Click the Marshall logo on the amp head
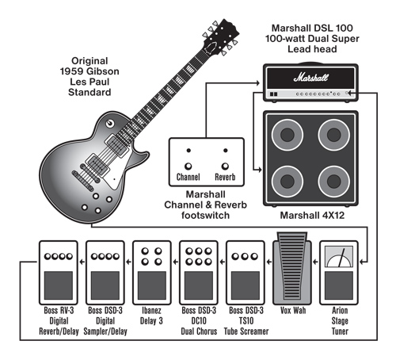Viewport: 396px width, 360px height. (x=310, y=78)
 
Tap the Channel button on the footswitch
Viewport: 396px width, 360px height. (x=188, y=167)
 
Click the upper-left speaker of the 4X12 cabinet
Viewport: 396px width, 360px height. (x=287, y=135)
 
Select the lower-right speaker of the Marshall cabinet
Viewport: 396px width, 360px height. (x=333, y=182)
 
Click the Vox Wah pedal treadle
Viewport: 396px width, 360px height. (x=292, y=267)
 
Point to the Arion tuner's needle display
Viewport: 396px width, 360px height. (x=339, y=256)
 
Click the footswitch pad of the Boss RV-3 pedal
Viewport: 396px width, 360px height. (x=59, y=285)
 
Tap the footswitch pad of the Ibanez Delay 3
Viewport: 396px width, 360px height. (x=152, y=285)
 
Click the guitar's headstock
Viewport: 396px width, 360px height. (x=221, y=36)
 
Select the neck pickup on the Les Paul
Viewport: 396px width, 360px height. (x=116, y=144)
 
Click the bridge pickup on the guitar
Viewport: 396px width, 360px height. (x=97, y=164)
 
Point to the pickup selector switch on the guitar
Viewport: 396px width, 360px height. (x=109, y=123)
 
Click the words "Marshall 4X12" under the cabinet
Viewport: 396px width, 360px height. (x=312, y=216)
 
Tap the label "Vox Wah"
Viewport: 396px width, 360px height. (x=293, y=310)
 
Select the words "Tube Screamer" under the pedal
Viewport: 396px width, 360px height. (x=246, y=331)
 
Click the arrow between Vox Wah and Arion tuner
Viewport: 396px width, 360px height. (x=315, y=262)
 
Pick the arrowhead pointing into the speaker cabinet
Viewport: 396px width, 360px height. (x=260, y=170)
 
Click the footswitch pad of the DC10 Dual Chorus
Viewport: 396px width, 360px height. (x=199, y=285)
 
